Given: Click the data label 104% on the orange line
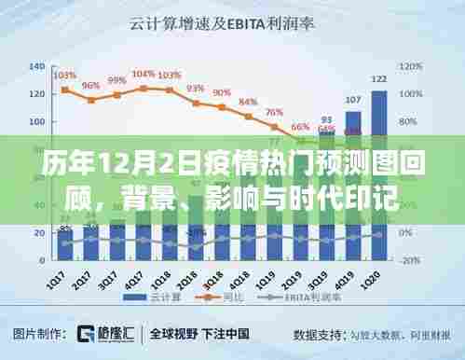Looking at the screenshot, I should pos(144,74).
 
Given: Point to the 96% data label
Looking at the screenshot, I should pos(91,86).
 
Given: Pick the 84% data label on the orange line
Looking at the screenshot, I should pos(248,102).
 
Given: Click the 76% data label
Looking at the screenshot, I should pos(274,113).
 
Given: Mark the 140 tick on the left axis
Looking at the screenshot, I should pos(37,66).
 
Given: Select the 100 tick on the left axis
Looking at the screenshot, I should pos(37,121).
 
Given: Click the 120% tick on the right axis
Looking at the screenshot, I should pos(410,66).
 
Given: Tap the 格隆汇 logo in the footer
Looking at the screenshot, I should pos(97,333).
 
